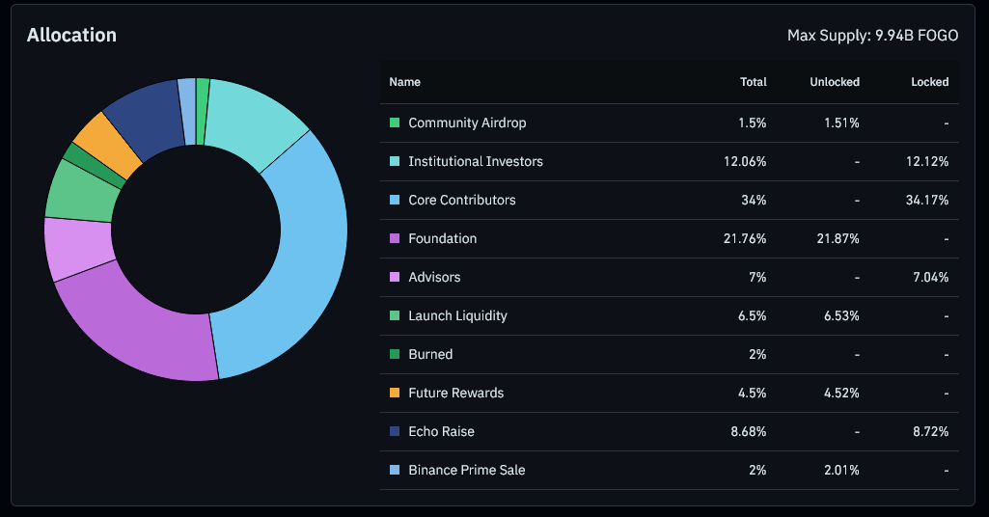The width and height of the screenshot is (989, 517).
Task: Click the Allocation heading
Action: click(x=71, y=35)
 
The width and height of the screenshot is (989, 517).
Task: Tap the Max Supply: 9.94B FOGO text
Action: click(x=872, y=36)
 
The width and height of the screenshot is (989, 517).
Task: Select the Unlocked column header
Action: click(x=835, y=82)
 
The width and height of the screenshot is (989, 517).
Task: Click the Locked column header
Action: click(x=929, y=82)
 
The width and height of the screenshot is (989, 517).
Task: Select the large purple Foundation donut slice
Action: click(x=145, y=328)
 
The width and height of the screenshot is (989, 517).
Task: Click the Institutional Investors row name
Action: click(x=475, y=161)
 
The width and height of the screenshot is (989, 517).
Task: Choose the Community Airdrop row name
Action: click(x=467, y=122)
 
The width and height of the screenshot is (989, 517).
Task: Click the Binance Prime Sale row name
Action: click(x=466, y=470)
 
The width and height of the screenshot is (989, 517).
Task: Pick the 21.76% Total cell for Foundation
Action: click(x=745, y=238)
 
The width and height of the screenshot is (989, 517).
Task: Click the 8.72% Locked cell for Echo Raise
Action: click(x=929, y=431)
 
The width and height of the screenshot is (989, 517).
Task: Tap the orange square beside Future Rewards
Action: click(x=394, y=393)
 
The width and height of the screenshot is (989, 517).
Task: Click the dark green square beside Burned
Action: click(x=394, y=354)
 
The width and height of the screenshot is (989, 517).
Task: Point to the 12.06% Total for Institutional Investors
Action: click(x=745, y=161)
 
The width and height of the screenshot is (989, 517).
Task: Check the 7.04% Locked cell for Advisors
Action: click(x=929, y=277)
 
